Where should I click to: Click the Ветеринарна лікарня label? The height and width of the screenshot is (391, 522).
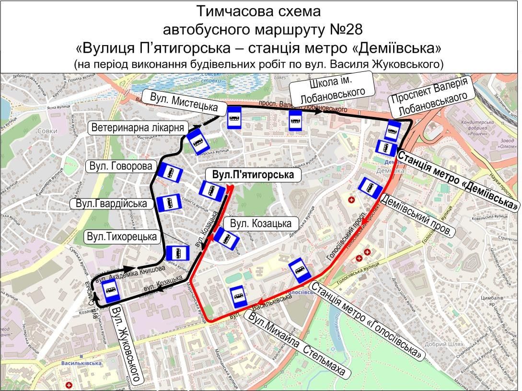pos(138,128)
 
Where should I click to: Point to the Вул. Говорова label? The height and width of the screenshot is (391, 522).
pos(121,166)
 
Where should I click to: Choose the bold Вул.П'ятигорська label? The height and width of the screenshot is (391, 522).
pos(253,175)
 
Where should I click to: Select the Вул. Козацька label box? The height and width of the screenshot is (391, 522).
pos(261,224)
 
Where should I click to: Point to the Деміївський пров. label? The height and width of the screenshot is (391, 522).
pos(418,215)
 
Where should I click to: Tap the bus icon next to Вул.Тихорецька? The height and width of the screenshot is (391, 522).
pos(178,253)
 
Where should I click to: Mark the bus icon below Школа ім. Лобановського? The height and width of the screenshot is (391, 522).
pos(294,120)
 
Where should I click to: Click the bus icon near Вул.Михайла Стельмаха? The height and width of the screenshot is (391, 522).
pos(238,297)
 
